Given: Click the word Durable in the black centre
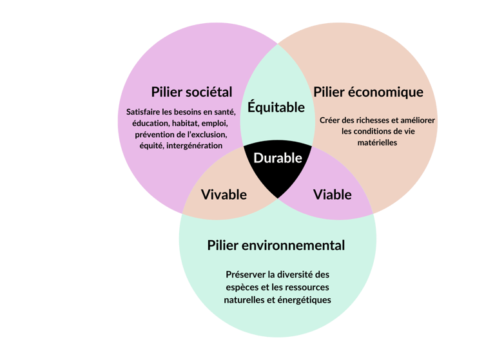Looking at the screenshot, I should click(x=277, y=158).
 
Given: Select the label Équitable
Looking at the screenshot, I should click(x=276, y=108).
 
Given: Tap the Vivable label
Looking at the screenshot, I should click(x=224, y=194).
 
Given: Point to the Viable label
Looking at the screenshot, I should click(x=332, y=194).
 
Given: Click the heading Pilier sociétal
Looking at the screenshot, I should click(x=191, y=91).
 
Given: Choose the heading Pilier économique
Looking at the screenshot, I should click(x=368, y=91).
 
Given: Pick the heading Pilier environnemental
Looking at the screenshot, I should click(x=276, y=245).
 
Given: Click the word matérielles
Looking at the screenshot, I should click(x=377, y=143).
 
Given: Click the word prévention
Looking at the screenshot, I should click(x=155, y=135).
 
